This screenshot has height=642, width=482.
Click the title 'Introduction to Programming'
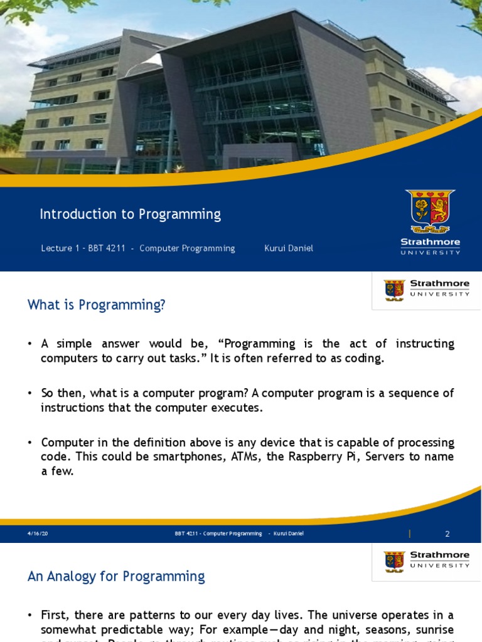(130, 214)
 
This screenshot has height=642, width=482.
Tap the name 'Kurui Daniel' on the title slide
(289, 248)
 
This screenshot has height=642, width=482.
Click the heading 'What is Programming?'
(96, 305)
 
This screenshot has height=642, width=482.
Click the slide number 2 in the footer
(447, 534)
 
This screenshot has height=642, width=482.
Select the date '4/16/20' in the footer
(38, 534)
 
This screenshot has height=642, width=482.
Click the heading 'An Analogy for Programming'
(116, 576)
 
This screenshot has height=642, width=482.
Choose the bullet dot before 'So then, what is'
(29, 393)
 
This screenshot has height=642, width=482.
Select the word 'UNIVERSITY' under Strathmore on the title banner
(431, 252)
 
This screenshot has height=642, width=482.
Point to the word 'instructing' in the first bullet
(425, 344)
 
